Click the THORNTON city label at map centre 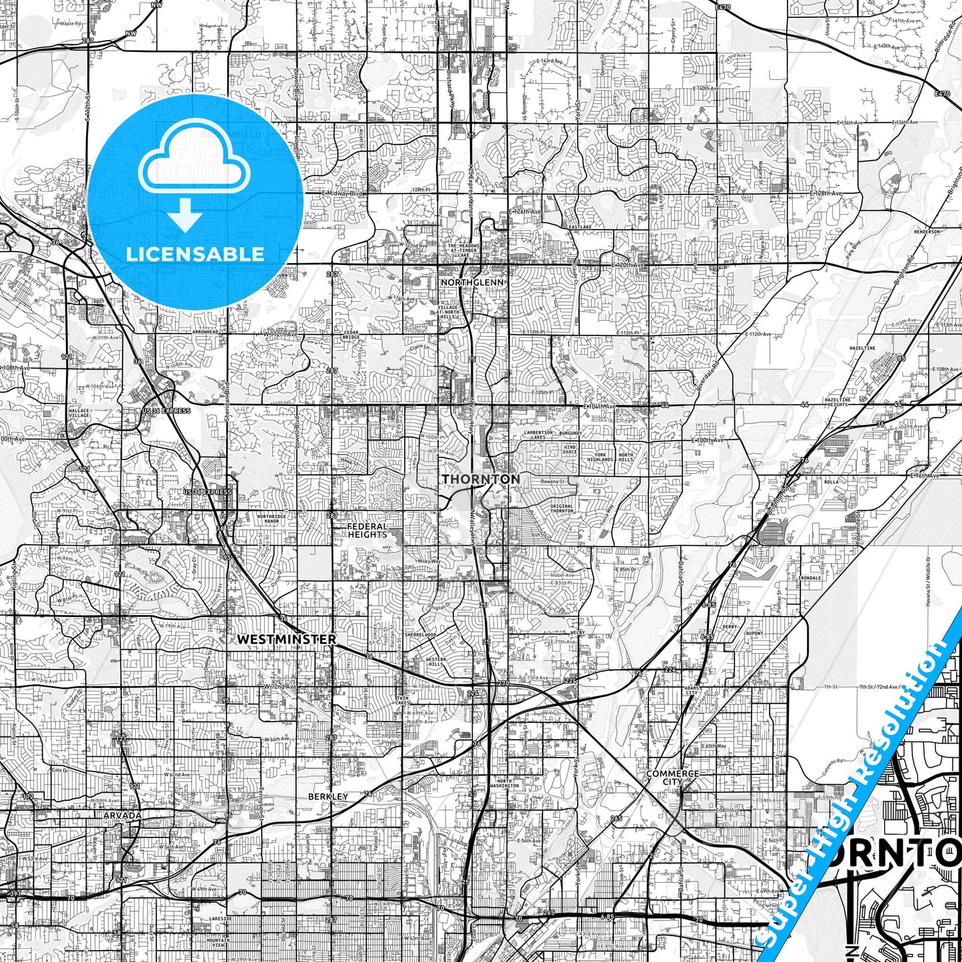pyautogui.click(x=481, y=479)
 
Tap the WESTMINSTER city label pyautogui.click(x=286, y=639)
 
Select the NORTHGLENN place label pyautogui.click(x=472, y=282)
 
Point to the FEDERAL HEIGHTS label pyautogui.click(x=367, y=531)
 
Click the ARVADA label pyautogui.click(x=122, y=815)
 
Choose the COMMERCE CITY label pyautogui.click(x=672, y=778)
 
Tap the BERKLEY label pyautogui.click(x=328, y=796)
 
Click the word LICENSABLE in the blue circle pyautogui.click(x=195, y=254)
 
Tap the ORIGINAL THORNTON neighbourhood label pyautogui.click(x=562, y=509)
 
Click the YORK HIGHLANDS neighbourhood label pyautogui.click(x=600, y=457)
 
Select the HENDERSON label pyautogui.click(x=927, y=232)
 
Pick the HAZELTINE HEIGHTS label pyautogui.click(x=837, y=402)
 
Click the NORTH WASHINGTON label pyautogui.click(x=504, y=783)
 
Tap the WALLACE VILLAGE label pyautogui.click(x=79, y=413)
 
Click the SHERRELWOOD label pyautogui.click(x=420, y=635)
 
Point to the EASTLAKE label pyautogui.click(x=580, y=227)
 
